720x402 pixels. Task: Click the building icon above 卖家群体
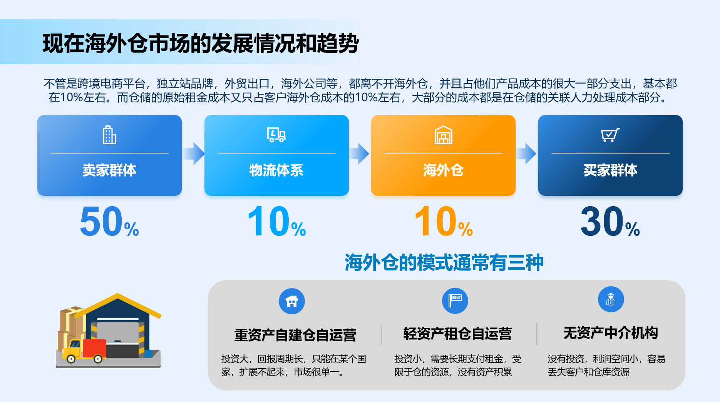[x=109, y=135]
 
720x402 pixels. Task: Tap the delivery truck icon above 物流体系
[x=276, y=135]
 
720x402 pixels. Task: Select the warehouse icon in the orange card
[x=444, y=135]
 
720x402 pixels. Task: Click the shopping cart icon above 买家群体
[x=610, y=135]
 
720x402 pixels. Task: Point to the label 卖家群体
[x=109, y=170]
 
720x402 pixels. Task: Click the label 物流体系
[x=276, y=170]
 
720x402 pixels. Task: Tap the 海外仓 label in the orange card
[x=444, y=170]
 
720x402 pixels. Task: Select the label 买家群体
[x=610, y=170]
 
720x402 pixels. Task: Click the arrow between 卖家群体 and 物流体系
[x=194, y=153]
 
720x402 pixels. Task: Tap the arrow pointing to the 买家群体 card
[x=526, y=153]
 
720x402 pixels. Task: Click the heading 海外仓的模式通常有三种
[x=444, y=263]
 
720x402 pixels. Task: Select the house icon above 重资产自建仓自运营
[x=292, y=301]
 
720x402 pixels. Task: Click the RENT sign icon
[x=455, y=301]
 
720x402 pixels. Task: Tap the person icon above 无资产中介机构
[x=611, y=299]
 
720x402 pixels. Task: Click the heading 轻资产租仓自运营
[x=457, y=334]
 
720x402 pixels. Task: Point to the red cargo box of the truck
[x=95, y=348]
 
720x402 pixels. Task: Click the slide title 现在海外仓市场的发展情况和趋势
[x=201, y=43]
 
